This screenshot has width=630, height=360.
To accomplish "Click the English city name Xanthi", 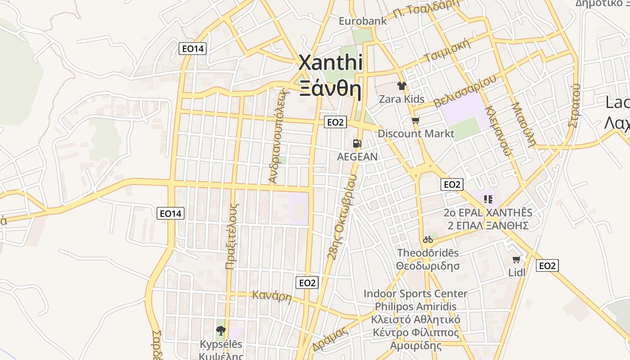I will point(331,63).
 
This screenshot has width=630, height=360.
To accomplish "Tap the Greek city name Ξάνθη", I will point(331,89).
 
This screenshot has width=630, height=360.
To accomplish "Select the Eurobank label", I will point(362,21).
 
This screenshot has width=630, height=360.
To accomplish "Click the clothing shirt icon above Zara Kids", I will point(401,86).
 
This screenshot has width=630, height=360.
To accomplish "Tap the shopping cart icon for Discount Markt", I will point(415,120).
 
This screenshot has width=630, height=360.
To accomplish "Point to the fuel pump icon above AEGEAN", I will point(357,144).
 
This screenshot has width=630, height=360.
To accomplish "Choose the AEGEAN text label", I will point(357,157).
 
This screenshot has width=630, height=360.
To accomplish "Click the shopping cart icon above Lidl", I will point(516,260).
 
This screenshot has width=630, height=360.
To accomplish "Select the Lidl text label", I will point(517,272).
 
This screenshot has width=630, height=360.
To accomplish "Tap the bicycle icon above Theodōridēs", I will point(427,239).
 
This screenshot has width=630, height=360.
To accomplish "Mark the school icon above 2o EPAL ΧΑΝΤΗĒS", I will point(488,199).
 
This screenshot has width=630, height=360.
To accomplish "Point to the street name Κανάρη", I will point(272,297).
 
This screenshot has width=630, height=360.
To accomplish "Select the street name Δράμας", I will point(330,339).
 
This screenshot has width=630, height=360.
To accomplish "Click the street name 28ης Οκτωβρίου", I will point(342,217).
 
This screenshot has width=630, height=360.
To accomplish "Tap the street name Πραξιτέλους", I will point(231,236).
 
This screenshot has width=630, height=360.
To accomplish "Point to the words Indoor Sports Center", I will point(415,294).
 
